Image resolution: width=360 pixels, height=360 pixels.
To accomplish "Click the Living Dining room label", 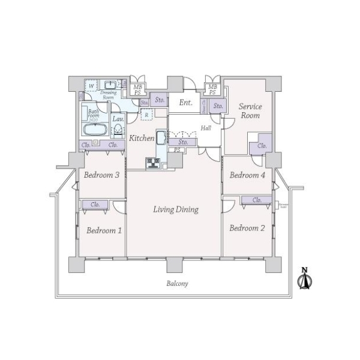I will tap(175, 209).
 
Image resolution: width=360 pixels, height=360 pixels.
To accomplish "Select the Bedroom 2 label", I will tap(247, 228).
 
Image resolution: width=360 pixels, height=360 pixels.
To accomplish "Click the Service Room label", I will tap(250, 111).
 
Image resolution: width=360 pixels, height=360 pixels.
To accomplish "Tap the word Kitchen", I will tap(142, 138).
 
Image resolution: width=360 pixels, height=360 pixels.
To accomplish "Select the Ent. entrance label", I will tap(186, 103).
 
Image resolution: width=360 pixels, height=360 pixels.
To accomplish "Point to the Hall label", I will tap(206, 128).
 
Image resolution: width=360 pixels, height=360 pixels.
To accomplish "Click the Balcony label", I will tap(177, 283).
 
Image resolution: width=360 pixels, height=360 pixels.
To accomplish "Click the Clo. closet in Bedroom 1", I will tap(95, 205).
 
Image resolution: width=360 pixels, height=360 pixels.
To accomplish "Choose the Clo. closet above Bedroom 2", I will tap(257, 200).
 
